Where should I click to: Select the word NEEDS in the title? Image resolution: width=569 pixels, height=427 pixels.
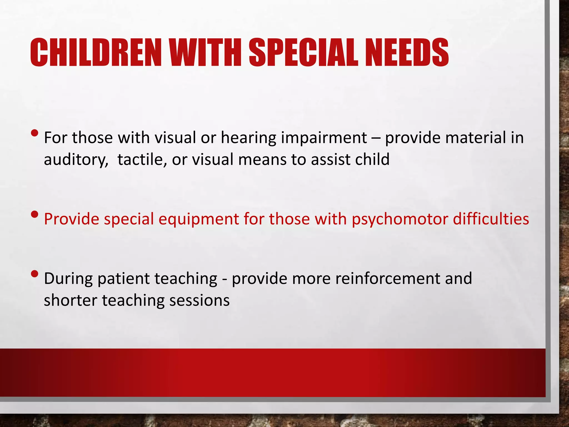point(407,53)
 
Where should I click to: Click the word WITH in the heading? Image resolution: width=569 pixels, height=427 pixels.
point(206,53)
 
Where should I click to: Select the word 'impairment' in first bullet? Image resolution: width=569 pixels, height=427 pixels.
point(324,138)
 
